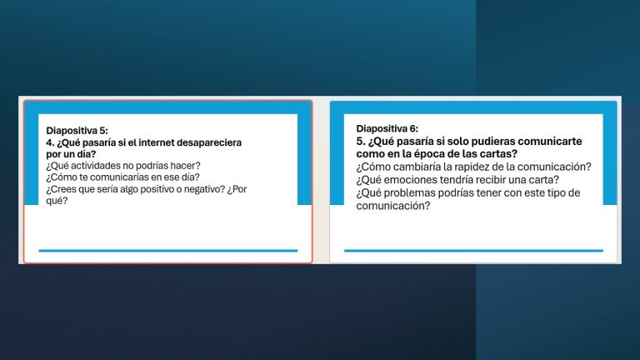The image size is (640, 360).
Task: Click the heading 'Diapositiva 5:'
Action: [x=77, y=131]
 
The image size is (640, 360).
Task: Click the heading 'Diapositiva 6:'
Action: [x=387, y=128]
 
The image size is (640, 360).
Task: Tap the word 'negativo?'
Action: [x=204, y=189]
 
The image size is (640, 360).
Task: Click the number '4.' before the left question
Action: [x=50, y=142]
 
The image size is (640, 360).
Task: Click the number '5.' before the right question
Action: [x=361, y=141]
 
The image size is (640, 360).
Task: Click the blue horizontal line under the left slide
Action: [x=168, y=251]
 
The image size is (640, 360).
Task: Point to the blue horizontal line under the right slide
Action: [x=473, y=251]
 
